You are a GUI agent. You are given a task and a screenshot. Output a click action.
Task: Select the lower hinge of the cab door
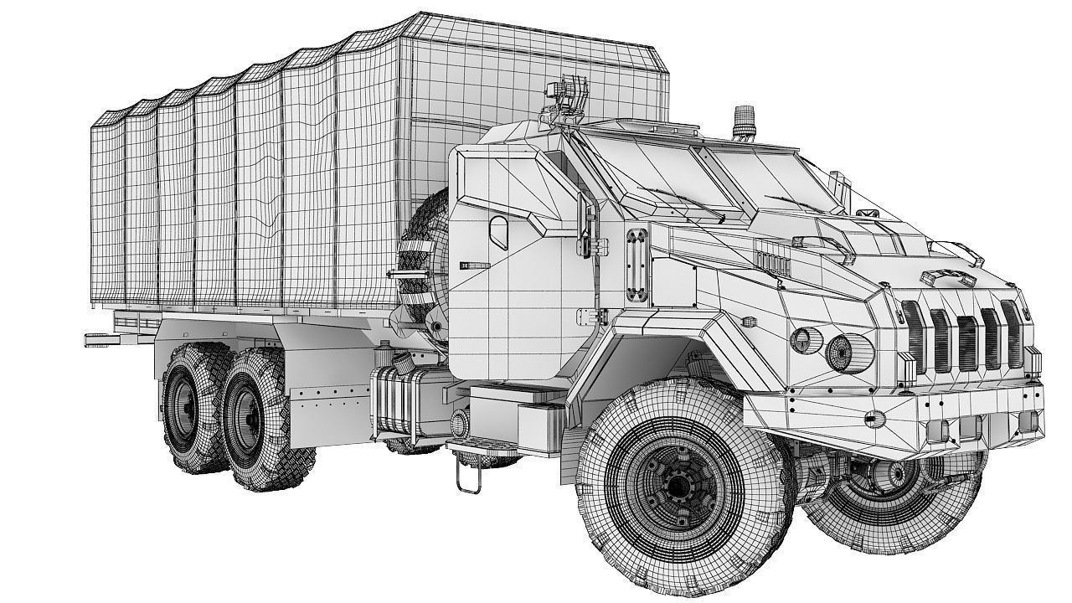600,317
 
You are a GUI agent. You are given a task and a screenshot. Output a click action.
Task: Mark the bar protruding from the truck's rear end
100,338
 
